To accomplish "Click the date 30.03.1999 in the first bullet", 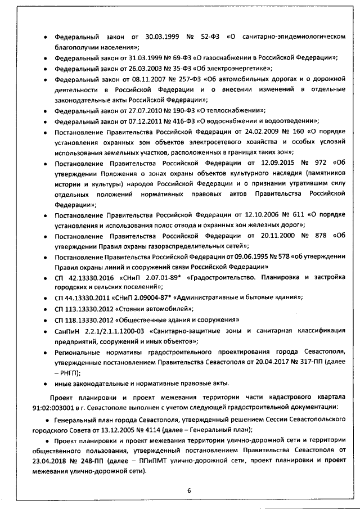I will pos(161,37).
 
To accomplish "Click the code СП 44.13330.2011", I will pos(82,298).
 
